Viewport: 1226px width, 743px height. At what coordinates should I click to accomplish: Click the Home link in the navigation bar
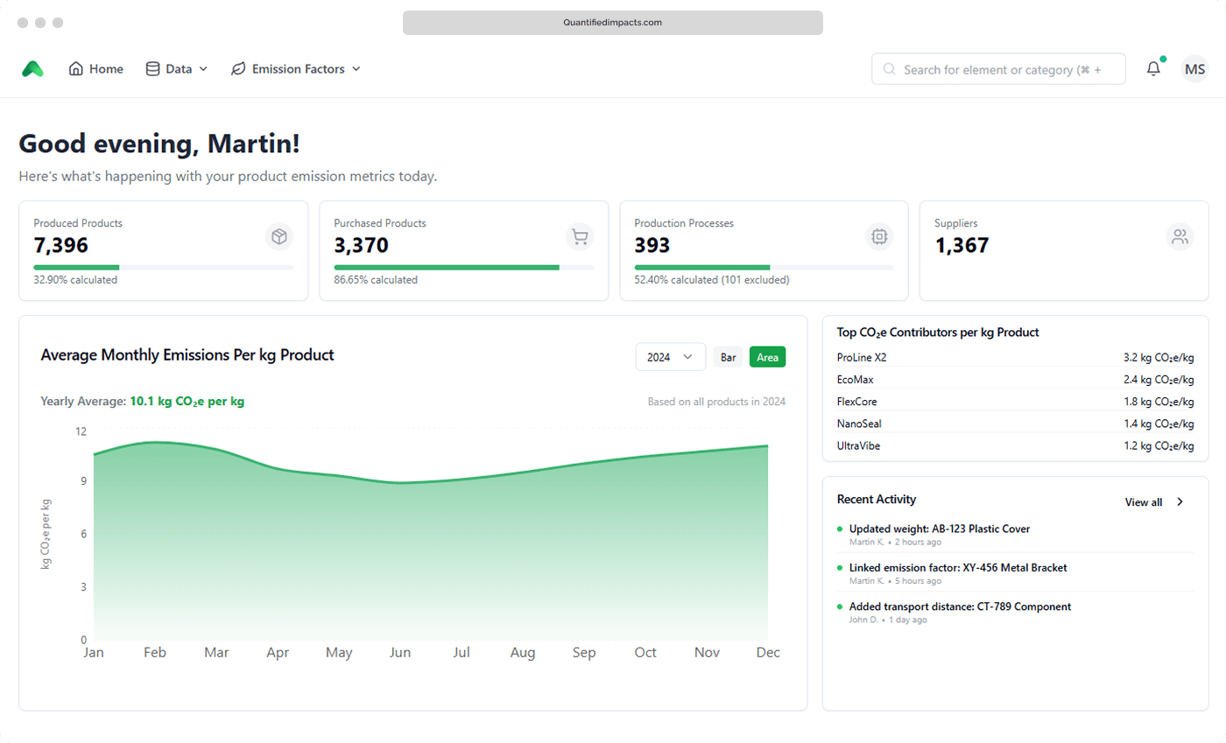(x=95, y=69)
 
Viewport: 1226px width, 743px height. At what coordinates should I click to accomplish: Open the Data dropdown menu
(x=176, y=69)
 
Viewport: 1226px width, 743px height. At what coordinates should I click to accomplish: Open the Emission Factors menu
(x=296, y=69)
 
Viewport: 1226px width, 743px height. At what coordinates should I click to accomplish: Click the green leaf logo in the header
(x=32, y=69)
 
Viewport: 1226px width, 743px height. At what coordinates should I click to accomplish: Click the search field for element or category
(x=998, y=69)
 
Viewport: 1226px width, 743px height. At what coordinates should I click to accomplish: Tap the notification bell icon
(x=1154, y=68)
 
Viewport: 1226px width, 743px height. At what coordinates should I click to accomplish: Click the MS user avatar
(x=1194, y=69)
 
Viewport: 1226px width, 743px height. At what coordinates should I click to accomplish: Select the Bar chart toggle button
(x=728, y=357)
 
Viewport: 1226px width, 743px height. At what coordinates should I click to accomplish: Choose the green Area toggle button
(x=767, y=357)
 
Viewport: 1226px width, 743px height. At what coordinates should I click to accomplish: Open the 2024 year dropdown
(x=671, y=357)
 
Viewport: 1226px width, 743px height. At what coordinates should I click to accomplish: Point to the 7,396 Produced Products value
(x=60, y=245)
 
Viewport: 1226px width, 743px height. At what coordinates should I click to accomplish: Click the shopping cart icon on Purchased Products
(x=580, y=237)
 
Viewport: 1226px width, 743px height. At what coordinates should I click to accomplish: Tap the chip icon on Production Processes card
(x=879, y=237)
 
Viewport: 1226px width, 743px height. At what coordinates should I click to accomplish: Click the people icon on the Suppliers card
(x=1180, y=237)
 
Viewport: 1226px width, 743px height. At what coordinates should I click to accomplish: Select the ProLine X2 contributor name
(x=862, y=357)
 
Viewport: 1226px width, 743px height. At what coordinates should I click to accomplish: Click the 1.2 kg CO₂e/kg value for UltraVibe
(x=1159, y=446)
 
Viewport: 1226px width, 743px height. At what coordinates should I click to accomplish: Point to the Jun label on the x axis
(x=400, y=652)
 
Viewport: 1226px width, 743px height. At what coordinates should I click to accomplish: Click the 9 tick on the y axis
(x=84, y=481)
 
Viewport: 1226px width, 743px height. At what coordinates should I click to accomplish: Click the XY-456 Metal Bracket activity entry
(x=958, y=568)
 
